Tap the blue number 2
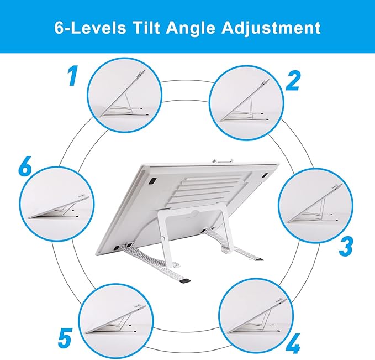293,80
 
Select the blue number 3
346,246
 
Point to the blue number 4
293,341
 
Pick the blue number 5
65,337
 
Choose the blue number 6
25,167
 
